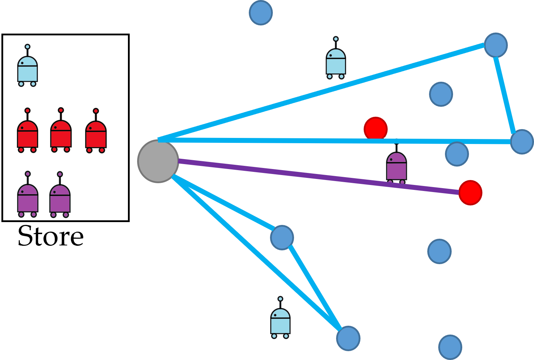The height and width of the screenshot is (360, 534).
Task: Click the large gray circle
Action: [158, 161]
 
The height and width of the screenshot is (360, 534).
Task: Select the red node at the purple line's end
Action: [470, 193]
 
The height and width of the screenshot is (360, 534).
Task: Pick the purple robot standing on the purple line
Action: [397, 166]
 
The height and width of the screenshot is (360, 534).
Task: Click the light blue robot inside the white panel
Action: [28, 69]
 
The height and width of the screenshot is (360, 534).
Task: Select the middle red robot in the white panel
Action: [61, 133]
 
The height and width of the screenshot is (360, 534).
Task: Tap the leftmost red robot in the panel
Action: [28, 133]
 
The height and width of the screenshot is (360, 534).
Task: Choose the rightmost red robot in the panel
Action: [96, 133]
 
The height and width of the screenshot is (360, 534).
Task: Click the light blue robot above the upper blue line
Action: [336, 60]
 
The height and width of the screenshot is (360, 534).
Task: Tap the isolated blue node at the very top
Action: [261, 13]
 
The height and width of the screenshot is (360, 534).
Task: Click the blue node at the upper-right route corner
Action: [496, 45]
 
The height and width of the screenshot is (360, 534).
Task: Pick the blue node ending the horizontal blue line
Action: [522, 142]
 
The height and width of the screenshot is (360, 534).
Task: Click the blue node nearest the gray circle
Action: [282, 237]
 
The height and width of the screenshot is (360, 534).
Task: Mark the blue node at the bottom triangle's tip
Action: [348, 338]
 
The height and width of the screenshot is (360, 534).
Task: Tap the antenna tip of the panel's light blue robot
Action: [28, 47]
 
